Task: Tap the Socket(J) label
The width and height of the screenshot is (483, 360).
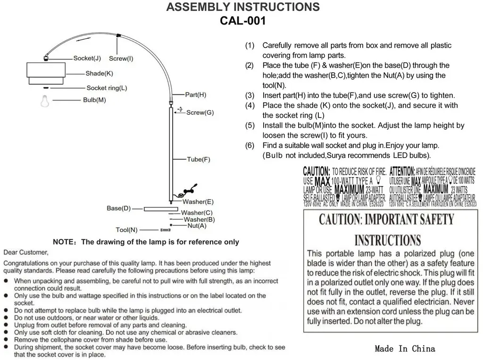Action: [x=87, y=59]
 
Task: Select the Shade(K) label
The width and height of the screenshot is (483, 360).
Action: [x=99, y=74]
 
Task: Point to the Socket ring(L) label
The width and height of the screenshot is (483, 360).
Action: [x=107, y=88]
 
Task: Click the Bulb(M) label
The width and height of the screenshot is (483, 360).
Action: [x=94, y=100]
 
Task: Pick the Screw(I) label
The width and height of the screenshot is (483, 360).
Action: [x=121, y=59]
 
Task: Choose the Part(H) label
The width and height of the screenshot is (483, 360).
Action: [x=195, y=94]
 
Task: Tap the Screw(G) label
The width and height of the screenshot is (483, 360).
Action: [x=200, y=112]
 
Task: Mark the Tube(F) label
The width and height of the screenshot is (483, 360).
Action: [x=199, y=159]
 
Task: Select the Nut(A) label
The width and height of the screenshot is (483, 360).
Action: [x=197, y=226]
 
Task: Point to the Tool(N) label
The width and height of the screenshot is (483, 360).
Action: [x=126, y=230]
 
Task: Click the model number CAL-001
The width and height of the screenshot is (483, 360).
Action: [x=243, y=21]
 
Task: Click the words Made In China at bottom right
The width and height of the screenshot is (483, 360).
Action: [x=405, y=349]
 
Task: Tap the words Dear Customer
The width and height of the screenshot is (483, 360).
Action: [x=26, y=252]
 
